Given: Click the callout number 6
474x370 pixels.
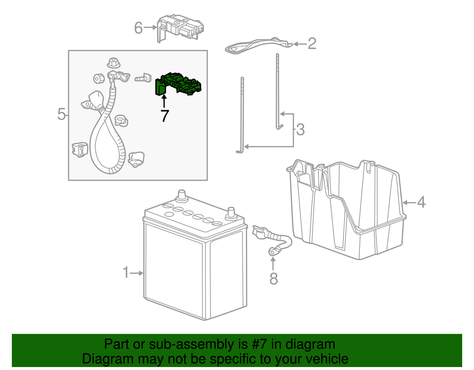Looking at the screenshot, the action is (x=139, y=28).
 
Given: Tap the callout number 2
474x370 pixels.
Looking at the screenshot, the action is (x=312, y=44).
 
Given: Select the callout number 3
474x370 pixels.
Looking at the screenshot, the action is (x=300, y=129).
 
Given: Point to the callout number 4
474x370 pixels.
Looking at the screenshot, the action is (x=421, y=202).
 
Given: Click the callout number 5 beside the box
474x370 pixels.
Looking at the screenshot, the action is (x=61, y=114).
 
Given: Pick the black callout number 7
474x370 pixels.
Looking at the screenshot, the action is (x=165, y=116).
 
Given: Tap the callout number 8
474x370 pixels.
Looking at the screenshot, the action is (x=273, y=278).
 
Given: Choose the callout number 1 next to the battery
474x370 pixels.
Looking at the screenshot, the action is (x=126, y=272).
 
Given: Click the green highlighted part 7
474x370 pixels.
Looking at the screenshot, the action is (x=178, y=84).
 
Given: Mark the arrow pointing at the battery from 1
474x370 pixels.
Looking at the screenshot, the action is (x=137, y=273).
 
